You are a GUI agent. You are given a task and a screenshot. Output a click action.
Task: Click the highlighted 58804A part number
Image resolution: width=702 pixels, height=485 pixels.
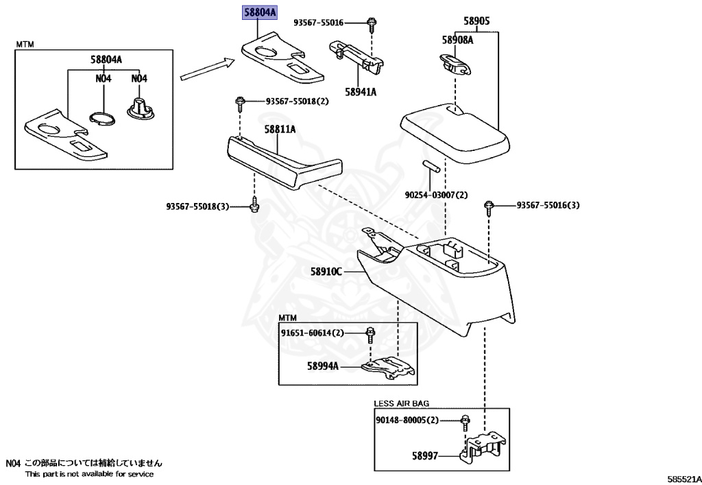(260, 12)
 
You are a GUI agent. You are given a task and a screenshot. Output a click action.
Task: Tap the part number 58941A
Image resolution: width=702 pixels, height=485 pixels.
(361, 92)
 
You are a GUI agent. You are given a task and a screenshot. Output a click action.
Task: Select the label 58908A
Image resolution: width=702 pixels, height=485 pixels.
(457, 40)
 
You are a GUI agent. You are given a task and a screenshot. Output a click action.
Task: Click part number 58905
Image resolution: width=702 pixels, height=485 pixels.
(476, 21)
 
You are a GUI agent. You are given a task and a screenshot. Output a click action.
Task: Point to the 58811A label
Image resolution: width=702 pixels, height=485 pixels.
(280, 130)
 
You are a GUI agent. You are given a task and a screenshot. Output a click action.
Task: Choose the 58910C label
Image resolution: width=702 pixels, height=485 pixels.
(326, 272)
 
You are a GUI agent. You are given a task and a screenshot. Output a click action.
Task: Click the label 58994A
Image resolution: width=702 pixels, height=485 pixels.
(323, 366)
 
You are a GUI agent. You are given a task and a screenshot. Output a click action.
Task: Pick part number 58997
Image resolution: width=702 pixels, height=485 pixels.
(425, 456)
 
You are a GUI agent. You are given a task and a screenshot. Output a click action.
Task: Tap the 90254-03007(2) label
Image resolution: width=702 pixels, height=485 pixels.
(436, 196)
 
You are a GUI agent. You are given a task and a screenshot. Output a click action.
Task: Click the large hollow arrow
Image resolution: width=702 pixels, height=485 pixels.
(208, 69)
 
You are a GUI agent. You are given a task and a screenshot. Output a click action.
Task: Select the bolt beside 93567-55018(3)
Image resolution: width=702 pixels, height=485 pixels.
(254, 204)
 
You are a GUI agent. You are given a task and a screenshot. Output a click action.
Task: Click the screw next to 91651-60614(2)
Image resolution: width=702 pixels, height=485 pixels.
(370, 335)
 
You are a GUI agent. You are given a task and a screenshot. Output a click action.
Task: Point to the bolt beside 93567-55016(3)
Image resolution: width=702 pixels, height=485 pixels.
(488, 209)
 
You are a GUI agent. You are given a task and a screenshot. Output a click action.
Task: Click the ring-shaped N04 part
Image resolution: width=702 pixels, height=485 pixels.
(103, 118)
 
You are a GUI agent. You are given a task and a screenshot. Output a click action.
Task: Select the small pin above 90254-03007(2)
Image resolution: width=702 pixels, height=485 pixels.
(431, 165)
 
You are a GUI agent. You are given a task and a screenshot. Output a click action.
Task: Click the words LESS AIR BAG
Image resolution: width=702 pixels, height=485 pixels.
(402, 403)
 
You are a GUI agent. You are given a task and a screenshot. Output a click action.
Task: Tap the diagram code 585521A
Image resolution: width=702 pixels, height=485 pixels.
(684, 480)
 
